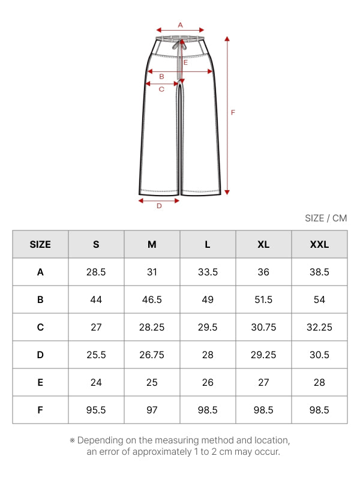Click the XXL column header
[319, 244]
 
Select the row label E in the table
[40, 382]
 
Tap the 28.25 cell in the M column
[152, 327]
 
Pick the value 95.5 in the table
[96, 410]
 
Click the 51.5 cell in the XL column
[263, 299]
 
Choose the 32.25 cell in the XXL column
[319, 327]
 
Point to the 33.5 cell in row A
[208, 272]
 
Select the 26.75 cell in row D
[152, 355]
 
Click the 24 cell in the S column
[96, 382]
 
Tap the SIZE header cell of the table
[40, 244]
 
